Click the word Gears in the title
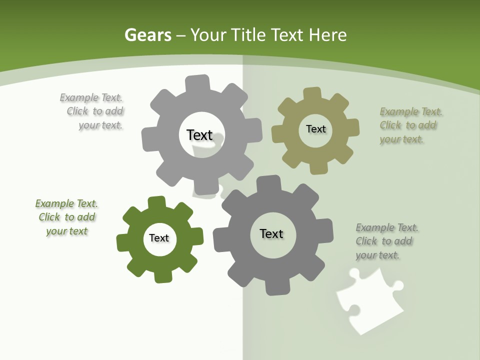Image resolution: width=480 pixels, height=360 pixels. (148, 35)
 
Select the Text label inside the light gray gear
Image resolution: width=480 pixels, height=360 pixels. (199, 135)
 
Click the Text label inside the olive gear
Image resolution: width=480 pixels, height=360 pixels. (315, 129)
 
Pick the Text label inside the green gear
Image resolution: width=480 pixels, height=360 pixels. (159, 238)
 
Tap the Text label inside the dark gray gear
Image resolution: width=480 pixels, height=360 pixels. (271, 233)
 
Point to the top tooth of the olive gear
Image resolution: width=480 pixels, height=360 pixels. (312, 94)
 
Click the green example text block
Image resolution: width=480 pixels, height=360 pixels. (66, 217)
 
